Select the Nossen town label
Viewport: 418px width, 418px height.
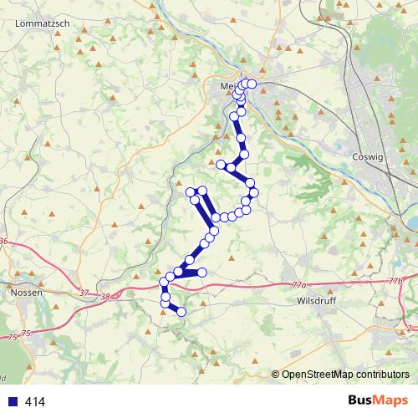pos(27,293)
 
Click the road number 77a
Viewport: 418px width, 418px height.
pos(300,285)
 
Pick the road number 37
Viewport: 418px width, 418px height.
pos(84,292)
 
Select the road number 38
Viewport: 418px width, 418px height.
pos(104,296)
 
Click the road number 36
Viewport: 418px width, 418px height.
pos(4,242)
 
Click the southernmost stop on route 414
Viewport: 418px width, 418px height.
pos(181,313)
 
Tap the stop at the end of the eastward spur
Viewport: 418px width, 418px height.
pos(201,273)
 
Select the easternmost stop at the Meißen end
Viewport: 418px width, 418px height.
pos(252,84)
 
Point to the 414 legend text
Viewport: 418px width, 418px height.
pos(35,402)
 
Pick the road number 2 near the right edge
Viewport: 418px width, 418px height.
pos(410,327)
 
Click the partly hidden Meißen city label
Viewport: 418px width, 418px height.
pos(227,86)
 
